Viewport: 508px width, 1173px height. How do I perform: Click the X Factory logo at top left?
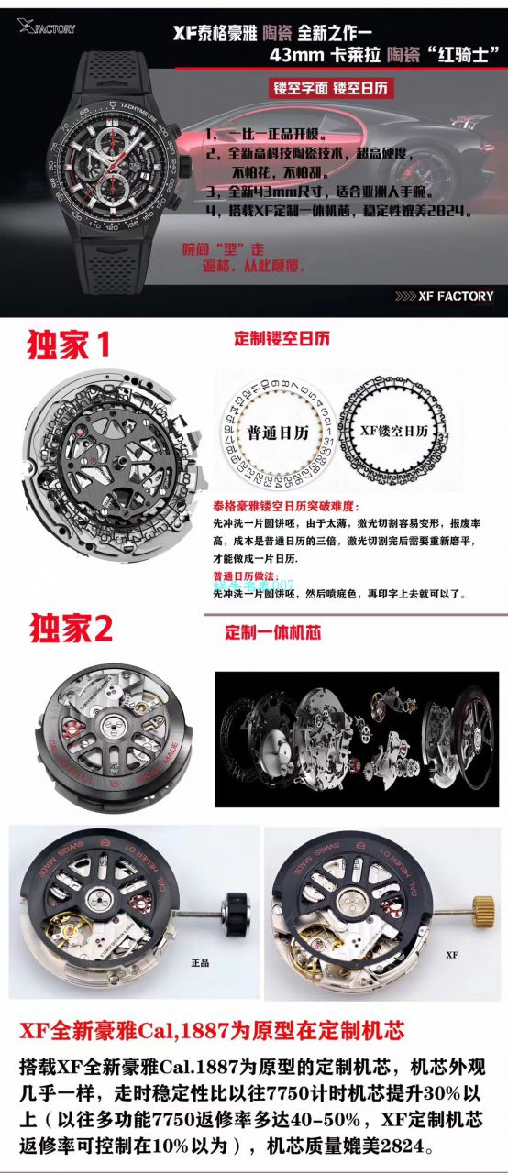point(45,27)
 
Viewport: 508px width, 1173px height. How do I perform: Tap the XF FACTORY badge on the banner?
point(444,295)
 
